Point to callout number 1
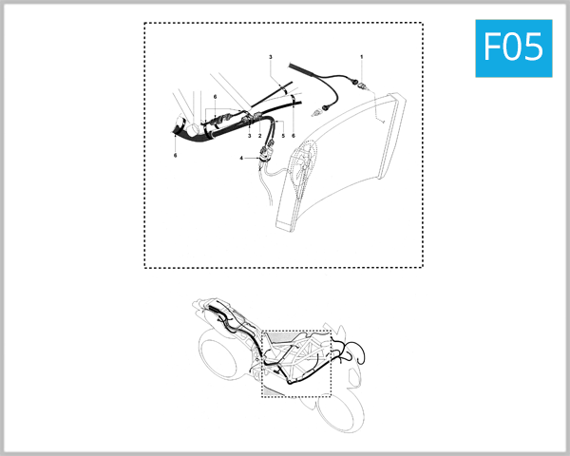click(x=362, y=58)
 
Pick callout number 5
click(x=282, y=137)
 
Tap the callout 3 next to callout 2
click(x=249, y=137)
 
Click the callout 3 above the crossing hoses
click(x=271, y=58)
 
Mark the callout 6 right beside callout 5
click(x=294, y=137)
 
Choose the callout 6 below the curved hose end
click(x=176, y=153)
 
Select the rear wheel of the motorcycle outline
click(x=219, y=357)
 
